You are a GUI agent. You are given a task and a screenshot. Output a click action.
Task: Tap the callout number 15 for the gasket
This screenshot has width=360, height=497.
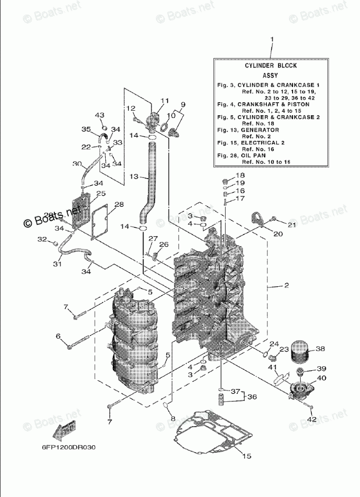[x=247, y=456]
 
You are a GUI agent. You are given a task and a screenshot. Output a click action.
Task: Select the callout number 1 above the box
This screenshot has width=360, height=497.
[x=272, y=39]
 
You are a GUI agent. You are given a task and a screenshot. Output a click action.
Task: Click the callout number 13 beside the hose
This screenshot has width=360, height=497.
[x=133, y=177]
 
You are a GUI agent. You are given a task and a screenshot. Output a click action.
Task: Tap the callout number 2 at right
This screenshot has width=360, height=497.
[x=286, y=286]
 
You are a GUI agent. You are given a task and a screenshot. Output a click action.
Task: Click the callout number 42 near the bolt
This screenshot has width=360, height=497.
[x=312, y=419]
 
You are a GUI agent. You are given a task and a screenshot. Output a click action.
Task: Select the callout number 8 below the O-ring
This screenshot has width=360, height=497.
[x=173, y=419]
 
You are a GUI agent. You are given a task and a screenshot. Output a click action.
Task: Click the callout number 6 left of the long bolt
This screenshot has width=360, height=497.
[x=58, y=336]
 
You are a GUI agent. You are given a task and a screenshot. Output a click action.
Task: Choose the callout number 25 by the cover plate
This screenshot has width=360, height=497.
[x=101, y=193]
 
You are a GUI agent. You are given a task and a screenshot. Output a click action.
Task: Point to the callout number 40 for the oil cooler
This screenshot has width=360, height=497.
[x=321, y=378]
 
